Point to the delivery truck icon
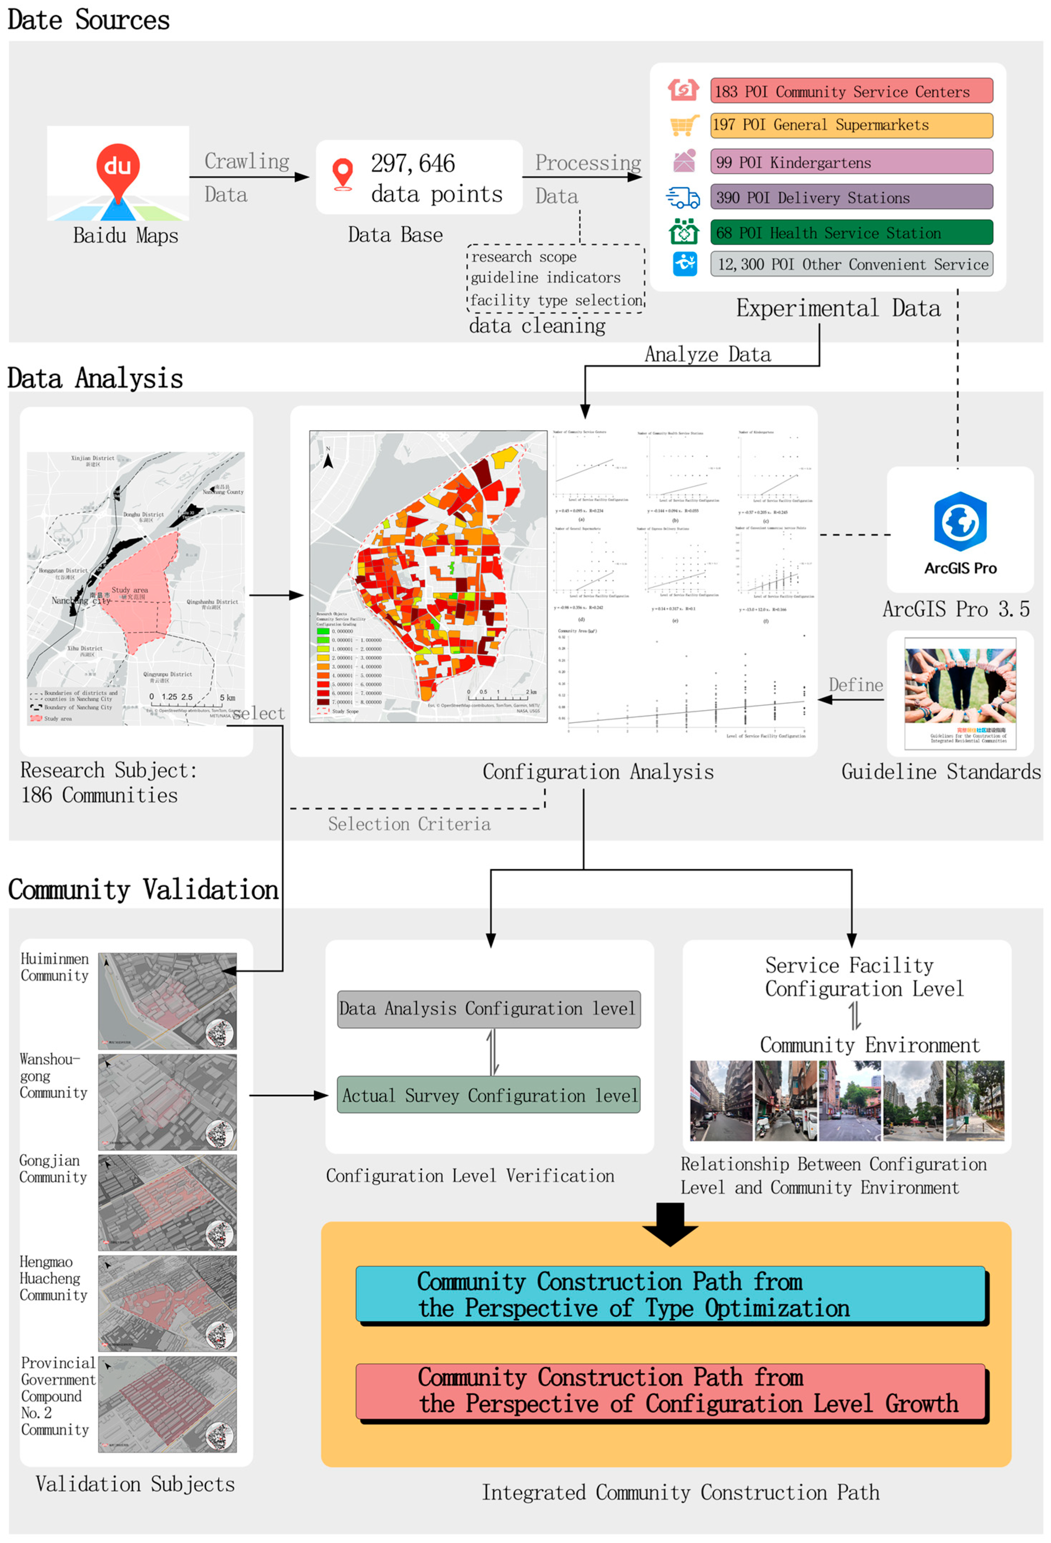(683, 197)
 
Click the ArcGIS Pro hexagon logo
(960, 521)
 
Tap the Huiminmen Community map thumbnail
(167, 1001)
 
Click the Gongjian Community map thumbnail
(167, 1202)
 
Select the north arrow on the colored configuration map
(327, 458)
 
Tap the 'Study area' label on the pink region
(129, 590)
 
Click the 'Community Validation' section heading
(143, 890)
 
